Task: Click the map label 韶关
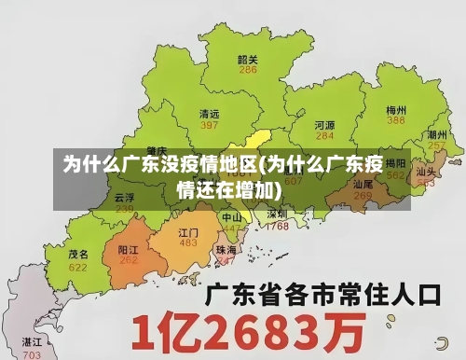pos(248,59)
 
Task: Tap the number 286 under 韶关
pos(248,70)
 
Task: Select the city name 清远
pos(210,114)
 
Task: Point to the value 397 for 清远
pos(210,125)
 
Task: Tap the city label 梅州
pos(396,109)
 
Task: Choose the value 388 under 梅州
pos(396,120)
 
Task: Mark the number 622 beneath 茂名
pos(78,267)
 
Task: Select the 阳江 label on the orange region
pos(129,250)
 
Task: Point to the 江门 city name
pos(188,231)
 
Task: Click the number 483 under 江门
pos(188,242)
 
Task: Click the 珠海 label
pos(226,250)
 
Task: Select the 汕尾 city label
pos(363,185)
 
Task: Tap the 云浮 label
pos(124,198)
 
